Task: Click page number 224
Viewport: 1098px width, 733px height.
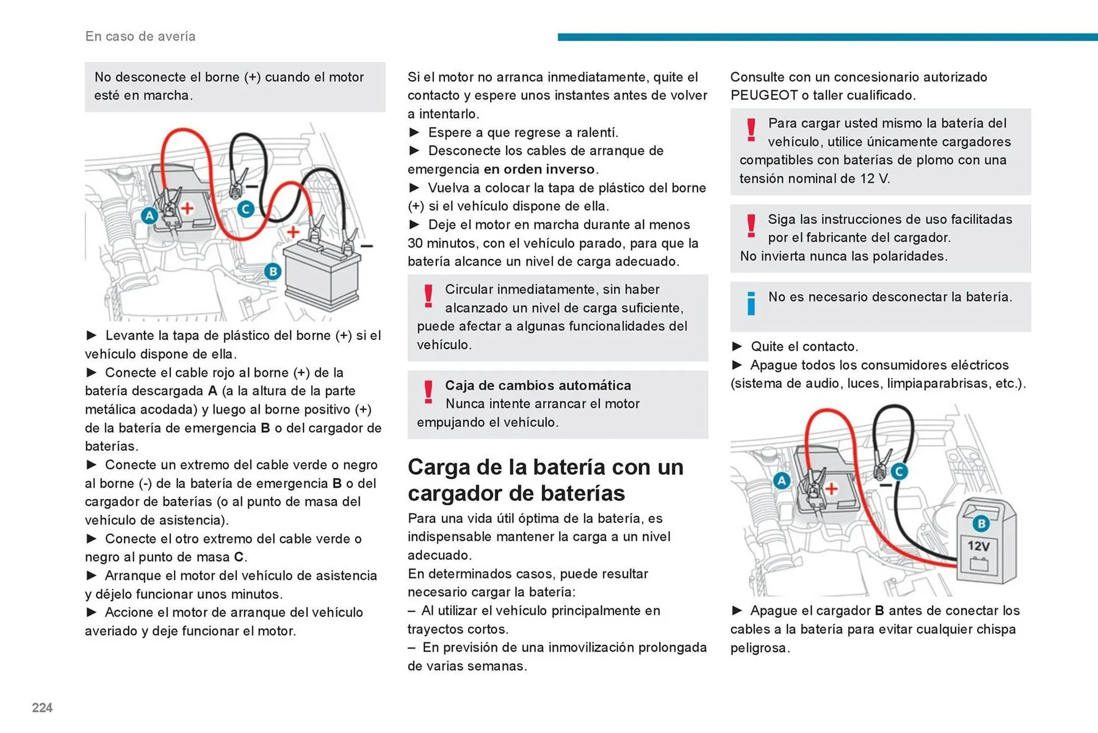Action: [42, 708]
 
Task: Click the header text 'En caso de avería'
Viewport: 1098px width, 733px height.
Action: [140, 37]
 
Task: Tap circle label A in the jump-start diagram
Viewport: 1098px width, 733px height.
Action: [149, 216]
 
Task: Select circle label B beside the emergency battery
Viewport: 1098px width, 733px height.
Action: [273, 271]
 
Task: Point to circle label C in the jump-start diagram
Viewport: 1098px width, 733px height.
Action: [246, 209]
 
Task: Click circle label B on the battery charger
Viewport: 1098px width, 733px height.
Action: [981, 523]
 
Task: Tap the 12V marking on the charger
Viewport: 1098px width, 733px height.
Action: [978, 546]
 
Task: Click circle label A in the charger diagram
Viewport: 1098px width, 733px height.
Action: [781, 481]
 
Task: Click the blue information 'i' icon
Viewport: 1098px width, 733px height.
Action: [751, 303]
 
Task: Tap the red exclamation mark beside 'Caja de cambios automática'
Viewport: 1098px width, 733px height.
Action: [428, 393]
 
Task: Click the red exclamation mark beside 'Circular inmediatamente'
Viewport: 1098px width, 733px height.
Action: [428, 296]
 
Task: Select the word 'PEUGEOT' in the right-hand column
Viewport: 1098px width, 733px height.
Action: [763, 96]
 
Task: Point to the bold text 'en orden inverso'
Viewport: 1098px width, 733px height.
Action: [539, 169]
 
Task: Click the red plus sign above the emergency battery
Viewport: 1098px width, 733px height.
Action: [293, 232]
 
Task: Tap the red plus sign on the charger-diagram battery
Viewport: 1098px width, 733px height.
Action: [832, 489]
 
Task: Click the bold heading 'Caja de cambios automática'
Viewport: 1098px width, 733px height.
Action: [538, 386]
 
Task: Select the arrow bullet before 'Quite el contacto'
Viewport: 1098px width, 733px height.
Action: [737, 346]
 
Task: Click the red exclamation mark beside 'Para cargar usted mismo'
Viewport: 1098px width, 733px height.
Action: [751, 130]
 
